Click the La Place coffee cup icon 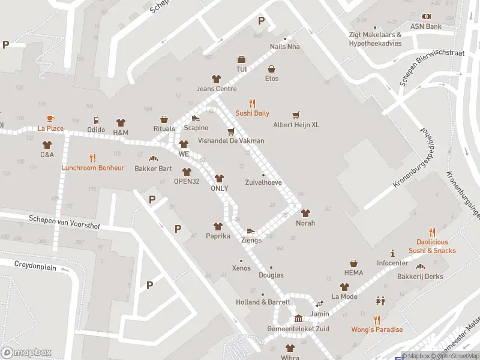50,118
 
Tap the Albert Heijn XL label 296,125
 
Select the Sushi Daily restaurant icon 252,103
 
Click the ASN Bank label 425,26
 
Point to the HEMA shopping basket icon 354,263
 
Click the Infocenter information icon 392,253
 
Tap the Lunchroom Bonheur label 92,168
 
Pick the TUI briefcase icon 241,59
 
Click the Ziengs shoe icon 251,230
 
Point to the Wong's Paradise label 377,329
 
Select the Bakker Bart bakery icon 153,159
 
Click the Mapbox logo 26,352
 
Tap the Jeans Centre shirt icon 216,79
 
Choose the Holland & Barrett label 263,302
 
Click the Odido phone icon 96,121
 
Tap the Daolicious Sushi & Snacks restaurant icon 431,232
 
